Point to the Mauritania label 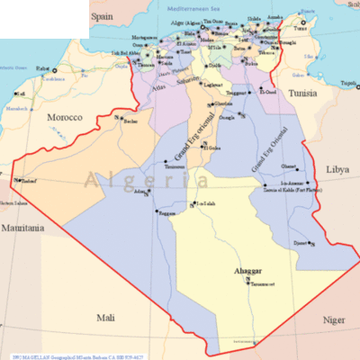coord(22,229)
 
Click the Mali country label coord(106,318)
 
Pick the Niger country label coord(334,319)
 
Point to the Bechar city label coord(131,120)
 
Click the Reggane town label coord(142,213)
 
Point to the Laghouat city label coord(212,84)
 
